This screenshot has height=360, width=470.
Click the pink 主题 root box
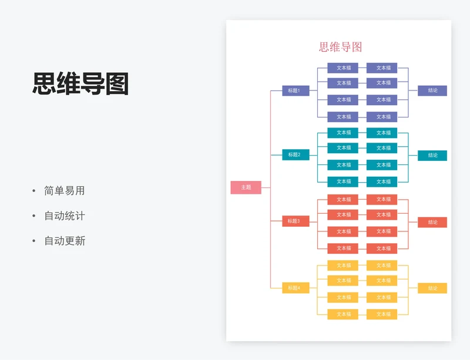click(x=246, y=187)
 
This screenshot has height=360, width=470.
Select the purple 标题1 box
click(x=295, y=90)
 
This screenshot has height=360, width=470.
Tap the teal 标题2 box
click(x=295, y=154)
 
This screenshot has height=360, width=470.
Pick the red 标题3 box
click(x=295, y=221)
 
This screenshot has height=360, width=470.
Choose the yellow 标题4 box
click(x=295, y=288)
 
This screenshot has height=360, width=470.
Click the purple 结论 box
click(x=432, y=90)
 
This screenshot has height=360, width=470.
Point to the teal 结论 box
click(x=432, y=155)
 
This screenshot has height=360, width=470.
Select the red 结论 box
click(x=432, y=222)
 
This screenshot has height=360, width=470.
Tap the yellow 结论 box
click(x=432, y=288)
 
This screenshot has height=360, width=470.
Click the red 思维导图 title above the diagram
click(x=340, y=47)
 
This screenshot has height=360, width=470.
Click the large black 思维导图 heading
click(x=80, y=84)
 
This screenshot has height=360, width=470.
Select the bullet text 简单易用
click(x=65, y=191)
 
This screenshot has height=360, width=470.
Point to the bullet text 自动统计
click(x=65, y=216)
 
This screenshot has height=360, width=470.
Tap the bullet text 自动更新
click(x=65, y=241)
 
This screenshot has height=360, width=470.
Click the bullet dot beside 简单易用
click(x=33, y=191)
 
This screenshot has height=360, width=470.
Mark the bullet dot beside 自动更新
click(x=33, y=241)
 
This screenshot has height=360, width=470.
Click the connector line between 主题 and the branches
click(x=266, y=187)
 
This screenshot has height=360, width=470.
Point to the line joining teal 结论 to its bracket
click(x=413, y=155)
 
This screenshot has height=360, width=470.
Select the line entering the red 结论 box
click(x=413, y=222)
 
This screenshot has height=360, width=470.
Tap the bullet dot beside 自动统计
click(x=33, y=216)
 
